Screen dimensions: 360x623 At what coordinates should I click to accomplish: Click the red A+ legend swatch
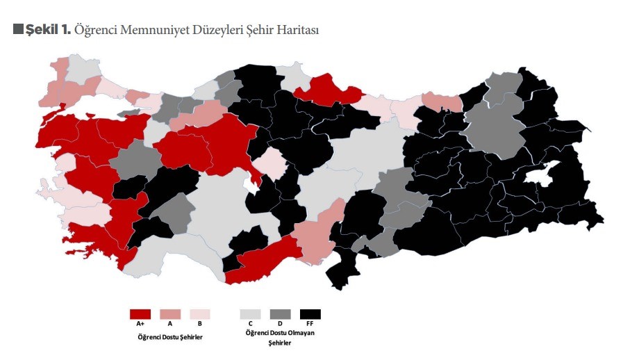(140, 314)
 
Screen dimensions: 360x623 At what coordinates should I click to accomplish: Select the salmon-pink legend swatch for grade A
(170, 314)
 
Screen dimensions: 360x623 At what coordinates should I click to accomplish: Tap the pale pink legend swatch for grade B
(200, 314)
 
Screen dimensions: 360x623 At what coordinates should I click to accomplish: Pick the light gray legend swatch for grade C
(250, 314)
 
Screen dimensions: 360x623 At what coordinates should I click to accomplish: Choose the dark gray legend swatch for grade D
(280, 314)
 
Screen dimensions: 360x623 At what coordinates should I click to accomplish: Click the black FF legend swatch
(310, 314)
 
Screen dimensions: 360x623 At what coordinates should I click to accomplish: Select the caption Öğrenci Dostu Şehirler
(170, 337)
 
